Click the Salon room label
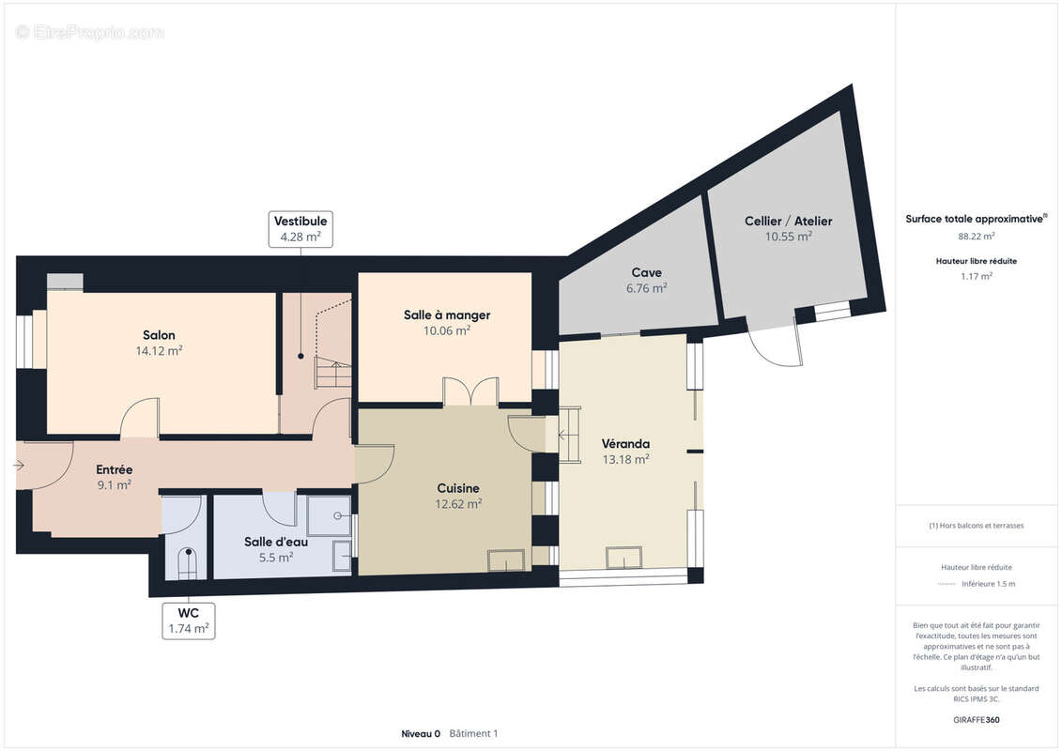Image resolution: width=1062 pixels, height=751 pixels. click(x=159, y=335)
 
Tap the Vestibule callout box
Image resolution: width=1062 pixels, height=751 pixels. click(x=300, y=229)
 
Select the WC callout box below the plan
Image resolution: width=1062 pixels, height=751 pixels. click(x=188, y=621)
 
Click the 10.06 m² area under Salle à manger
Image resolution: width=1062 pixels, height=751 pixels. click(x=447, y=330)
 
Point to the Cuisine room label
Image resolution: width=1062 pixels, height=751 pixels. click(x=458, y=488)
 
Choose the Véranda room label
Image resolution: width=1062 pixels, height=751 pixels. click(x=626, y=443)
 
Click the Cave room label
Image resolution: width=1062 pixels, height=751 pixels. click(x=646, y=273)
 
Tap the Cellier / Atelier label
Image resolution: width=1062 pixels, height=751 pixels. click(x=789, y=222)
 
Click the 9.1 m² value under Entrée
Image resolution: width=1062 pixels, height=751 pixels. click(x=115, y=485)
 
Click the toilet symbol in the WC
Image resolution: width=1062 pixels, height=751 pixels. click(x=189, y=560)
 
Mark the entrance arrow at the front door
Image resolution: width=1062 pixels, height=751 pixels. click(x=21, y=465)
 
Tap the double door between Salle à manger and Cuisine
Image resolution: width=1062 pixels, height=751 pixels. click(x=469, y=391)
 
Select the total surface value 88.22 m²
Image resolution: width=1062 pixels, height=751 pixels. click(x=977, y=237)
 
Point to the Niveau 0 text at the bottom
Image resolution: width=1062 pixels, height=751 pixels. click(x=421, y=733)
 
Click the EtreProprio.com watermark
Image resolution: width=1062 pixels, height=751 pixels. click(x=90, y=33)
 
